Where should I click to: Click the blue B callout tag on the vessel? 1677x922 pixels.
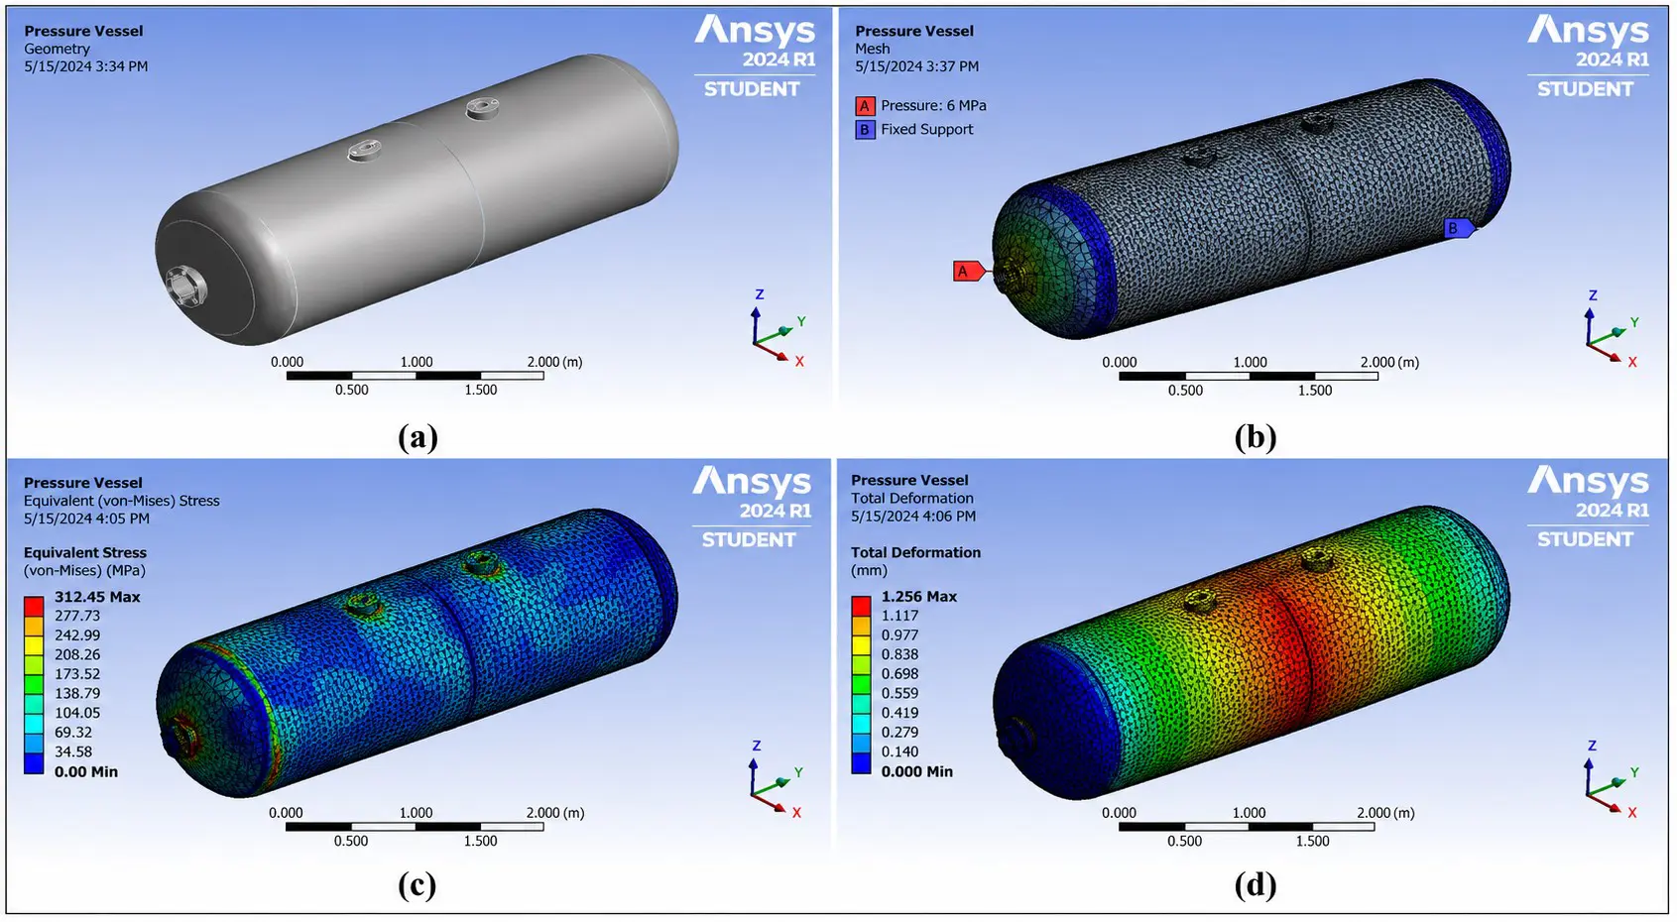(x=1459, y=228)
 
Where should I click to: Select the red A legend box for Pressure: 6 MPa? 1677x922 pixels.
(x=864, y=106)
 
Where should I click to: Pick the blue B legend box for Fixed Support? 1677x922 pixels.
(x=864, y=130)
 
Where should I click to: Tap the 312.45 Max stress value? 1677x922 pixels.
(x=97, y=597)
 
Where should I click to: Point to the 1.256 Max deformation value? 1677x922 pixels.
(x=919, y=597)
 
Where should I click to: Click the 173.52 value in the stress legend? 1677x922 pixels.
(x=77, y=673)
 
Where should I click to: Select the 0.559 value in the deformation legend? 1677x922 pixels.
(x=899, y=693)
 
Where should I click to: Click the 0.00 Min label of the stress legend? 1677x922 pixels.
(x=86, y=771)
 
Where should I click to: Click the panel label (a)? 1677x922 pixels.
(x=418, y=437)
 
